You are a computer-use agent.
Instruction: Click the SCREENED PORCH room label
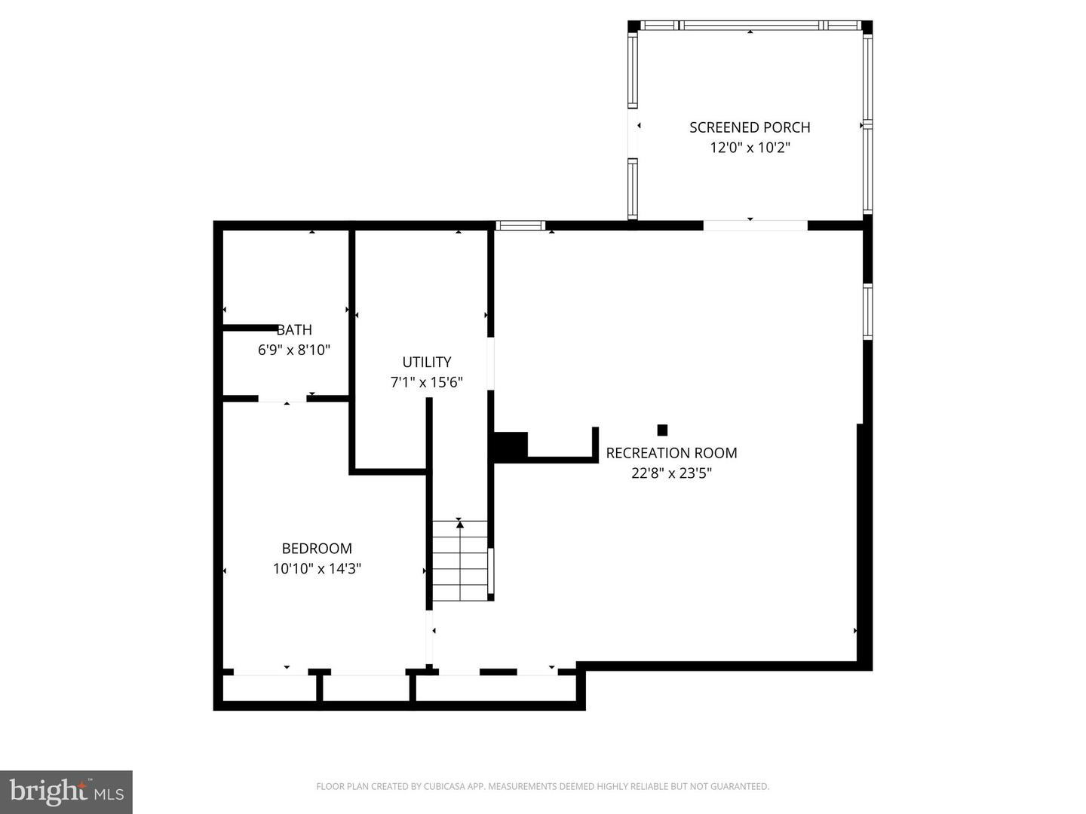point(750,127)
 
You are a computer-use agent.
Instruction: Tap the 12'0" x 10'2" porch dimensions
point(750,148)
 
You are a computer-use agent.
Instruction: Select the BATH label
point(294,329)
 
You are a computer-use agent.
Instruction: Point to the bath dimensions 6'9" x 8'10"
point(294,350)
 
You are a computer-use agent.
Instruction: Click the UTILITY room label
point(427,363)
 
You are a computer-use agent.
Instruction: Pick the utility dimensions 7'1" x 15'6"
point(427,383)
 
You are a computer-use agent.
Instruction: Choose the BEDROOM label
point(317,549)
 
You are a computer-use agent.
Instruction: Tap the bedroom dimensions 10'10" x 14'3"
point(317,569)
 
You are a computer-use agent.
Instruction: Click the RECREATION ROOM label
point(671,453)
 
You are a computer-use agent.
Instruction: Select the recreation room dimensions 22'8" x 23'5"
point(671,473)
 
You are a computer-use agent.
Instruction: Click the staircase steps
point(460,561)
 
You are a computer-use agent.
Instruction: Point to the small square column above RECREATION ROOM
point(662,430)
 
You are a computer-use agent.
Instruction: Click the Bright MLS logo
point(66,791)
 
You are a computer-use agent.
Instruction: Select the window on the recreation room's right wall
point(868,311)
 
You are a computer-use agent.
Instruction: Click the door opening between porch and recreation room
point(756,225)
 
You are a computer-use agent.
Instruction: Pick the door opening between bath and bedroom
point(282,399)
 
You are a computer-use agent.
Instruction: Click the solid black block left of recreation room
point(511,447)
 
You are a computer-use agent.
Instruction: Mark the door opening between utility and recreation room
point(491,364)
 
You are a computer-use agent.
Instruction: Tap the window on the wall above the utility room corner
point(520,225)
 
